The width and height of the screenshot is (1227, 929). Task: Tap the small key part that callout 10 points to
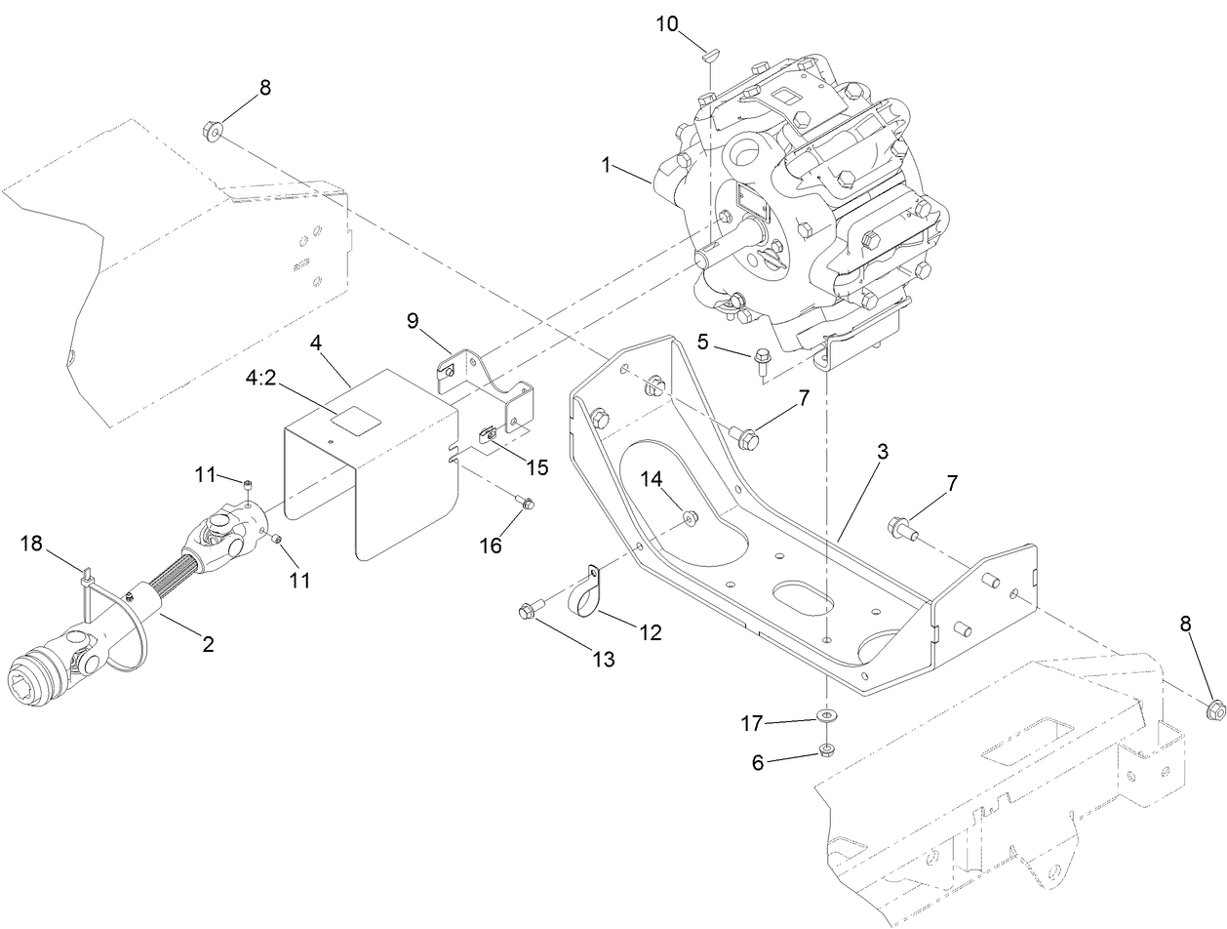click(x=710, y=57)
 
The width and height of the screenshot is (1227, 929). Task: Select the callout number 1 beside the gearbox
click(x=607, y=165)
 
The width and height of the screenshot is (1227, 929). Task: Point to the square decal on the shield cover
click(x=354, y=419)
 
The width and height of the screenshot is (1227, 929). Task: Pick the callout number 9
click(x=412, y=319)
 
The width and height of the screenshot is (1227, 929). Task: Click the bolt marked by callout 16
click(x=525, y=504)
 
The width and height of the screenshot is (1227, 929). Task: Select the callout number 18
click(x=32, y=544)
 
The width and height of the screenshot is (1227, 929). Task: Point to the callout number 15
click(x=537, y=467)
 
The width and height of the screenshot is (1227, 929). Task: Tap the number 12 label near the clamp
click(x=649, y=633)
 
